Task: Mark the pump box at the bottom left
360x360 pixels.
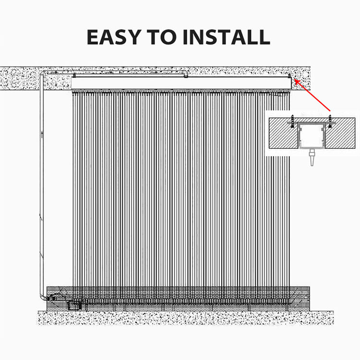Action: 75,304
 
